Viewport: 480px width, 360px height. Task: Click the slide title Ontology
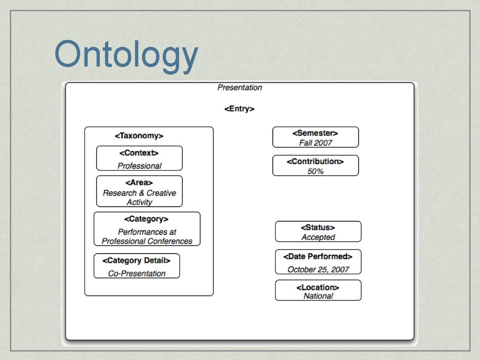coord(126,55)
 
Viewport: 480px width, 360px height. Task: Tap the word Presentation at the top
coord(240,88)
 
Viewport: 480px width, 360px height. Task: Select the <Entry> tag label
coord(239,109)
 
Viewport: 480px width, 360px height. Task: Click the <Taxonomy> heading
coord(139,136)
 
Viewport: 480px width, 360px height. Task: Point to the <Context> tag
coord(139,153)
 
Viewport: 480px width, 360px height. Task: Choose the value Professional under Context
coord(139,166)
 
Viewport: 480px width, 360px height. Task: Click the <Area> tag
coord(139,183)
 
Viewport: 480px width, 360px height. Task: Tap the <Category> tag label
coord(146,219)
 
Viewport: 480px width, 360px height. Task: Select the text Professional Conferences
coord(147,241)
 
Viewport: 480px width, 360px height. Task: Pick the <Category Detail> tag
coord(136,261)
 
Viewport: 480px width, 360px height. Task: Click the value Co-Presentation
coord(136,274)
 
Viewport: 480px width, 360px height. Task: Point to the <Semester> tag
coord(315,133)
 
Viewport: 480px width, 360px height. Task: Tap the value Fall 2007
coord(315,143)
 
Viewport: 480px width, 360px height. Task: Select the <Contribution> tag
coord(315,162)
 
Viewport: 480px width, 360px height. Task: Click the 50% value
coord(315,172)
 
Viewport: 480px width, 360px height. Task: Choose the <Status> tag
coord(318,228)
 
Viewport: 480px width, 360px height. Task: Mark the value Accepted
coord(318,238)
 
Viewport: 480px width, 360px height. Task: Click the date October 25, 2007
coord(318,270)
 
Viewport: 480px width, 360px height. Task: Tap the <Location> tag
coord(318,287)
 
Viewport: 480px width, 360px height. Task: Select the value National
coord(318,296)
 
